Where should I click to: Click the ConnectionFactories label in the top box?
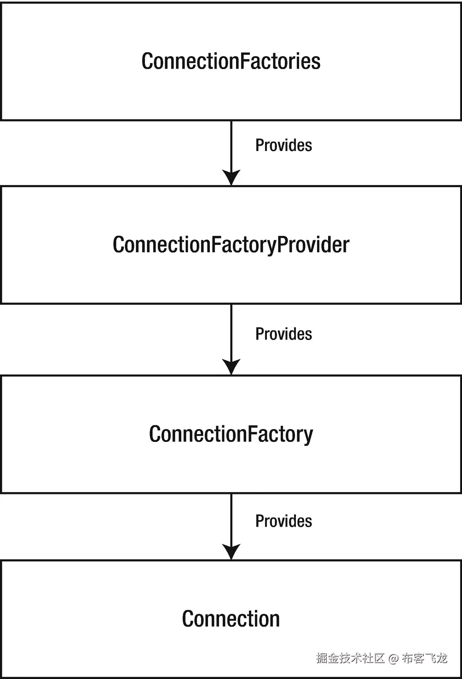[x=231, y=61]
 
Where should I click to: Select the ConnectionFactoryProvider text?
[x=231, y=244]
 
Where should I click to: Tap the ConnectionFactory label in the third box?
[x=231, y=434]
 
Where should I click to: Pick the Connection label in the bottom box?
[x=231, y=619]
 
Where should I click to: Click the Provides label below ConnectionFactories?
[x=283, y=145]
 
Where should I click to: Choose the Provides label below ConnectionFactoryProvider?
[x=283, y=334]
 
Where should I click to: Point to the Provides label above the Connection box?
[x=283, y=521]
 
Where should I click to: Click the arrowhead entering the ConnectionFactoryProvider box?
[x=231, y=177]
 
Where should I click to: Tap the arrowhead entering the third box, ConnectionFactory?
[x=231, y=367]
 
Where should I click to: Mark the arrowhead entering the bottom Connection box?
[x=231, y=551]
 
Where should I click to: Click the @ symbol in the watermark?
[x=393, y=658]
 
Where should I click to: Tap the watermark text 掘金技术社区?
[x=350, y=658]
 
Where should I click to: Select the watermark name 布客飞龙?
[x=424, y=658]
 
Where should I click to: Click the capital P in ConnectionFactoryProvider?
[x=283, y=244]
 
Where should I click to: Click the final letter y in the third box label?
[x=308, y=436]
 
